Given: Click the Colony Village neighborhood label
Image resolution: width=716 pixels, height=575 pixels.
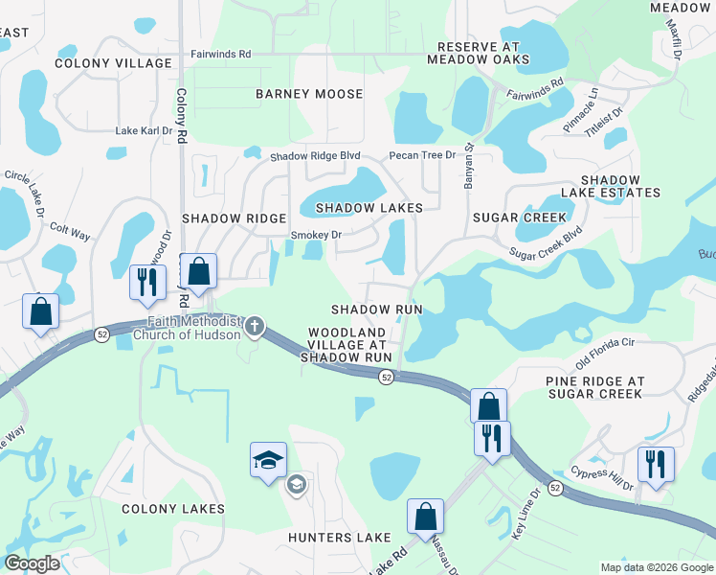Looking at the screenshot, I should (100, 63).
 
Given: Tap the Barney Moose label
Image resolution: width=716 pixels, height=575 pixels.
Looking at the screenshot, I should (309, 94).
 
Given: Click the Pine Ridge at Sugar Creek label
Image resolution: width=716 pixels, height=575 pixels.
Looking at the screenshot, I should (594, 387).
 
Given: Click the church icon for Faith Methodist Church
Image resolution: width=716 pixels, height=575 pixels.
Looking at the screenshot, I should (255, 327).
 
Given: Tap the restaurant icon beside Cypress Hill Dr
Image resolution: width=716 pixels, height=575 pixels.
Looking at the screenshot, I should (656, 465).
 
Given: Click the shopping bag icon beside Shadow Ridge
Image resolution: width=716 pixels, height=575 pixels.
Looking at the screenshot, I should (198, 271).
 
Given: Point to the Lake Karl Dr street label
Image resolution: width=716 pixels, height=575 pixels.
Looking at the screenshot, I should (144, 130).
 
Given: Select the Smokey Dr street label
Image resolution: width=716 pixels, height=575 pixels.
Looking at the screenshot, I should (316, 234).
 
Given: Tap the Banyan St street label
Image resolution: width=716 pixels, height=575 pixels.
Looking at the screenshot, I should (470, 167).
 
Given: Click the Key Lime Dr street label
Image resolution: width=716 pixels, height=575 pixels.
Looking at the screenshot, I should (526, 514).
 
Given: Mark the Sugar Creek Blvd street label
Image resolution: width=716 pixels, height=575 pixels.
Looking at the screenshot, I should (546, 244).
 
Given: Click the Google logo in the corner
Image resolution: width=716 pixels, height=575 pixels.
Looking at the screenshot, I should (32, 563).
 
